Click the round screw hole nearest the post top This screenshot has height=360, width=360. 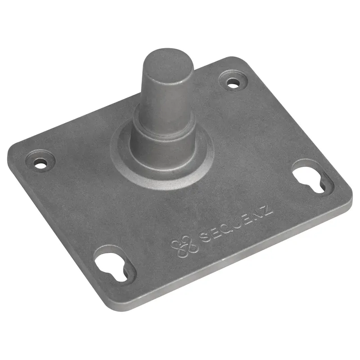click(x=233, y=83)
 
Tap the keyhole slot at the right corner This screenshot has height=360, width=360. click(x=310, y=181)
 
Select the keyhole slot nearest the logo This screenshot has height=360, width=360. click(x=112, y=267)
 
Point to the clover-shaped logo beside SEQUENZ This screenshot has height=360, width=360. click(x=184, y=246)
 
